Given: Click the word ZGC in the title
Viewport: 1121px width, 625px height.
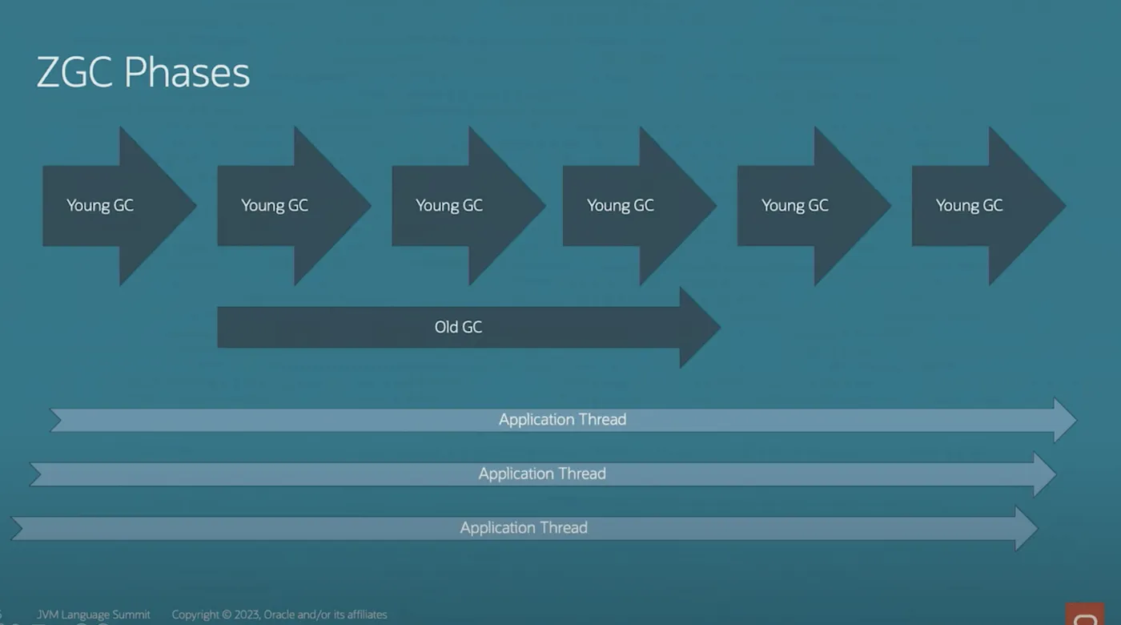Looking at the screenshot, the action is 74,72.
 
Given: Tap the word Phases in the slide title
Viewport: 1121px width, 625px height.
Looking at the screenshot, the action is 187,72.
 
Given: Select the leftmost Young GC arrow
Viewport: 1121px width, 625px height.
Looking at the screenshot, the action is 119,206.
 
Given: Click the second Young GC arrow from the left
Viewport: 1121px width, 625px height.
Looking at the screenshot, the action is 294,206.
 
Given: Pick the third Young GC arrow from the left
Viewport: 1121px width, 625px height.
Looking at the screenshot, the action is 468,206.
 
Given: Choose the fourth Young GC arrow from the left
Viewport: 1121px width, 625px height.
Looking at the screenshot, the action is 640,206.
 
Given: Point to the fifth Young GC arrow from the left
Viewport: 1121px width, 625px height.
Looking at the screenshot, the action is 814,206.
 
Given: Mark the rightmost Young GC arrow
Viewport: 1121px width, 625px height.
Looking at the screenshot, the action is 989,206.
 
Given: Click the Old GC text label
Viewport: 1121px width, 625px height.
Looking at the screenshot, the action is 458,327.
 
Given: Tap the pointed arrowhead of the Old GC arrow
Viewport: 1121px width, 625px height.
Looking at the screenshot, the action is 700,328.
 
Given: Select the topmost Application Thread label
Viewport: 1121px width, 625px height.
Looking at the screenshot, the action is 562,420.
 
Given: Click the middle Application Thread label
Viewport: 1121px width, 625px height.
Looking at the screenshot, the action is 542,474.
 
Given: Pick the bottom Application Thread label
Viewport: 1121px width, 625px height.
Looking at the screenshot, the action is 524,528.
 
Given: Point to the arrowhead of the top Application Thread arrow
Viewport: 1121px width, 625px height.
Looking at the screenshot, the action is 1065,420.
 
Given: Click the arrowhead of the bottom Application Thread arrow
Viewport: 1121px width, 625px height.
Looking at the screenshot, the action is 1027,528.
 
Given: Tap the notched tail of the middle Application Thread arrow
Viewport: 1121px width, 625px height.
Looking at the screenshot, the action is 36,474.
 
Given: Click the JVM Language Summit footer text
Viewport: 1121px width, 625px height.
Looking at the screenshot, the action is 93,615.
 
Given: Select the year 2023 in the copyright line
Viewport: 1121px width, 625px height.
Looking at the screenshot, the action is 247,615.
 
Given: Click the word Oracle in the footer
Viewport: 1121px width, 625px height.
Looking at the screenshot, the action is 279,615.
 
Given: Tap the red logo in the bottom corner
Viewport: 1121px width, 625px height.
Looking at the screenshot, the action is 1084,615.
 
